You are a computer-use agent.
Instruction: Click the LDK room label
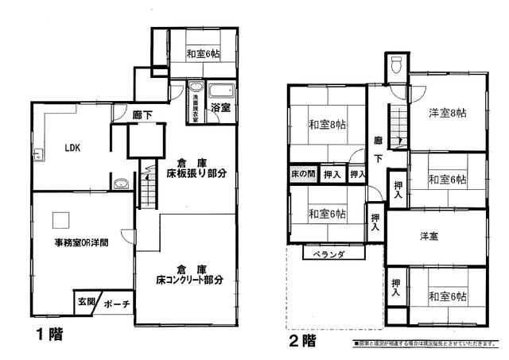(72, 148)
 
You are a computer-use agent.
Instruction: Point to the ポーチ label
(116, 304)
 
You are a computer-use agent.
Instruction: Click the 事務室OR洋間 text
(81, 243)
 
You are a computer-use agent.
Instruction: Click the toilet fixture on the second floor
(396, 66)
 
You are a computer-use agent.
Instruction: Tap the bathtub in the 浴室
(220, 89)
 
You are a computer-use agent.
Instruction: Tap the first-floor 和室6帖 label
(204, 54)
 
